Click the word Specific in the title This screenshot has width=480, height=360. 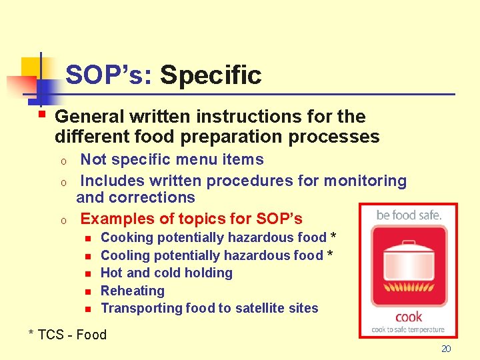[x=211, y=75]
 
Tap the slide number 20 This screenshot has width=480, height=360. [x=446, y=349]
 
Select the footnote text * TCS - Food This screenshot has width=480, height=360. [x=67, y=335]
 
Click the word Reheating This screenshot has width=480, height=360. [x=132, y=291]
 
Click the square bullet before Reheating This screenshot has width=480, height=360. [x=87, y=291]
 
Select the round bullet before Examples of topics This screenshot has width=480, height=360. [x=62, y=220]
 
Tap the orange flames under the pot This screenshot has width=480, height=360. [x=408, y=293]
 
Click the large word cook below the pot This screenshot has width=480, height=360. [x=408, y=317]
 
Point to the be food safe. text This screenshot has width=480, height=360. [x=408, y=215]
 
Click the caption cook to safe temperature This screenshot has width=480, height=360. [x=408, y=329]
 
